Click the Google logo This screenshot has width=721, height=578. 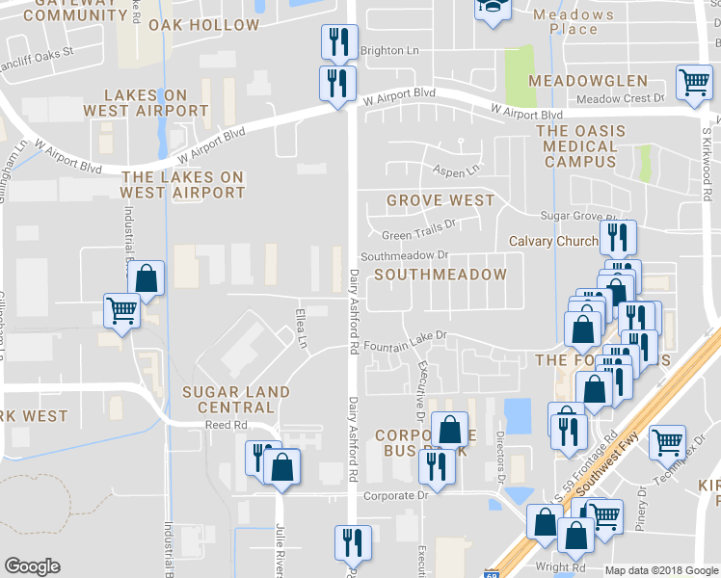click(32, 566)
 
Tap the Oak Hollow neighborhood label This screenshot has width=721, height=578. click(204, 25)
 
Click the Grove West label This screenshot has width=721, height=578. click(441, 200)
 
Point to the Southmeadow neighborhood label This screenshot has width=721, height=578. click(441, 275)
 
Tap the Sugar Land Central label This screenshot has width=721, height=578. click(236, 399)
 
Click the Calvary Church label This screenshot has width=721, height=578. click(553, 241)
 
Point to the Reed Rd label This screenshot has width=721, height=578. click(226, 424)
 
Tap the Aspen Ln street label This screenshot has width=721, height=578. click(459, 171)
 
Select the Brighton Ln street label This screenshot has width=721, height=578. click(390, 51)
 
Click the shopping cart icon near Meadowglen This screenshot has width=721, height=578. click(693, 84)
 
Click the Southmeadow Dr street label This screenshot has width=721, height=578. click(406, 256)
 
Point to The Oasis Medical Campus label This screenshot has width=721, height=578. click(580, 145)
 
